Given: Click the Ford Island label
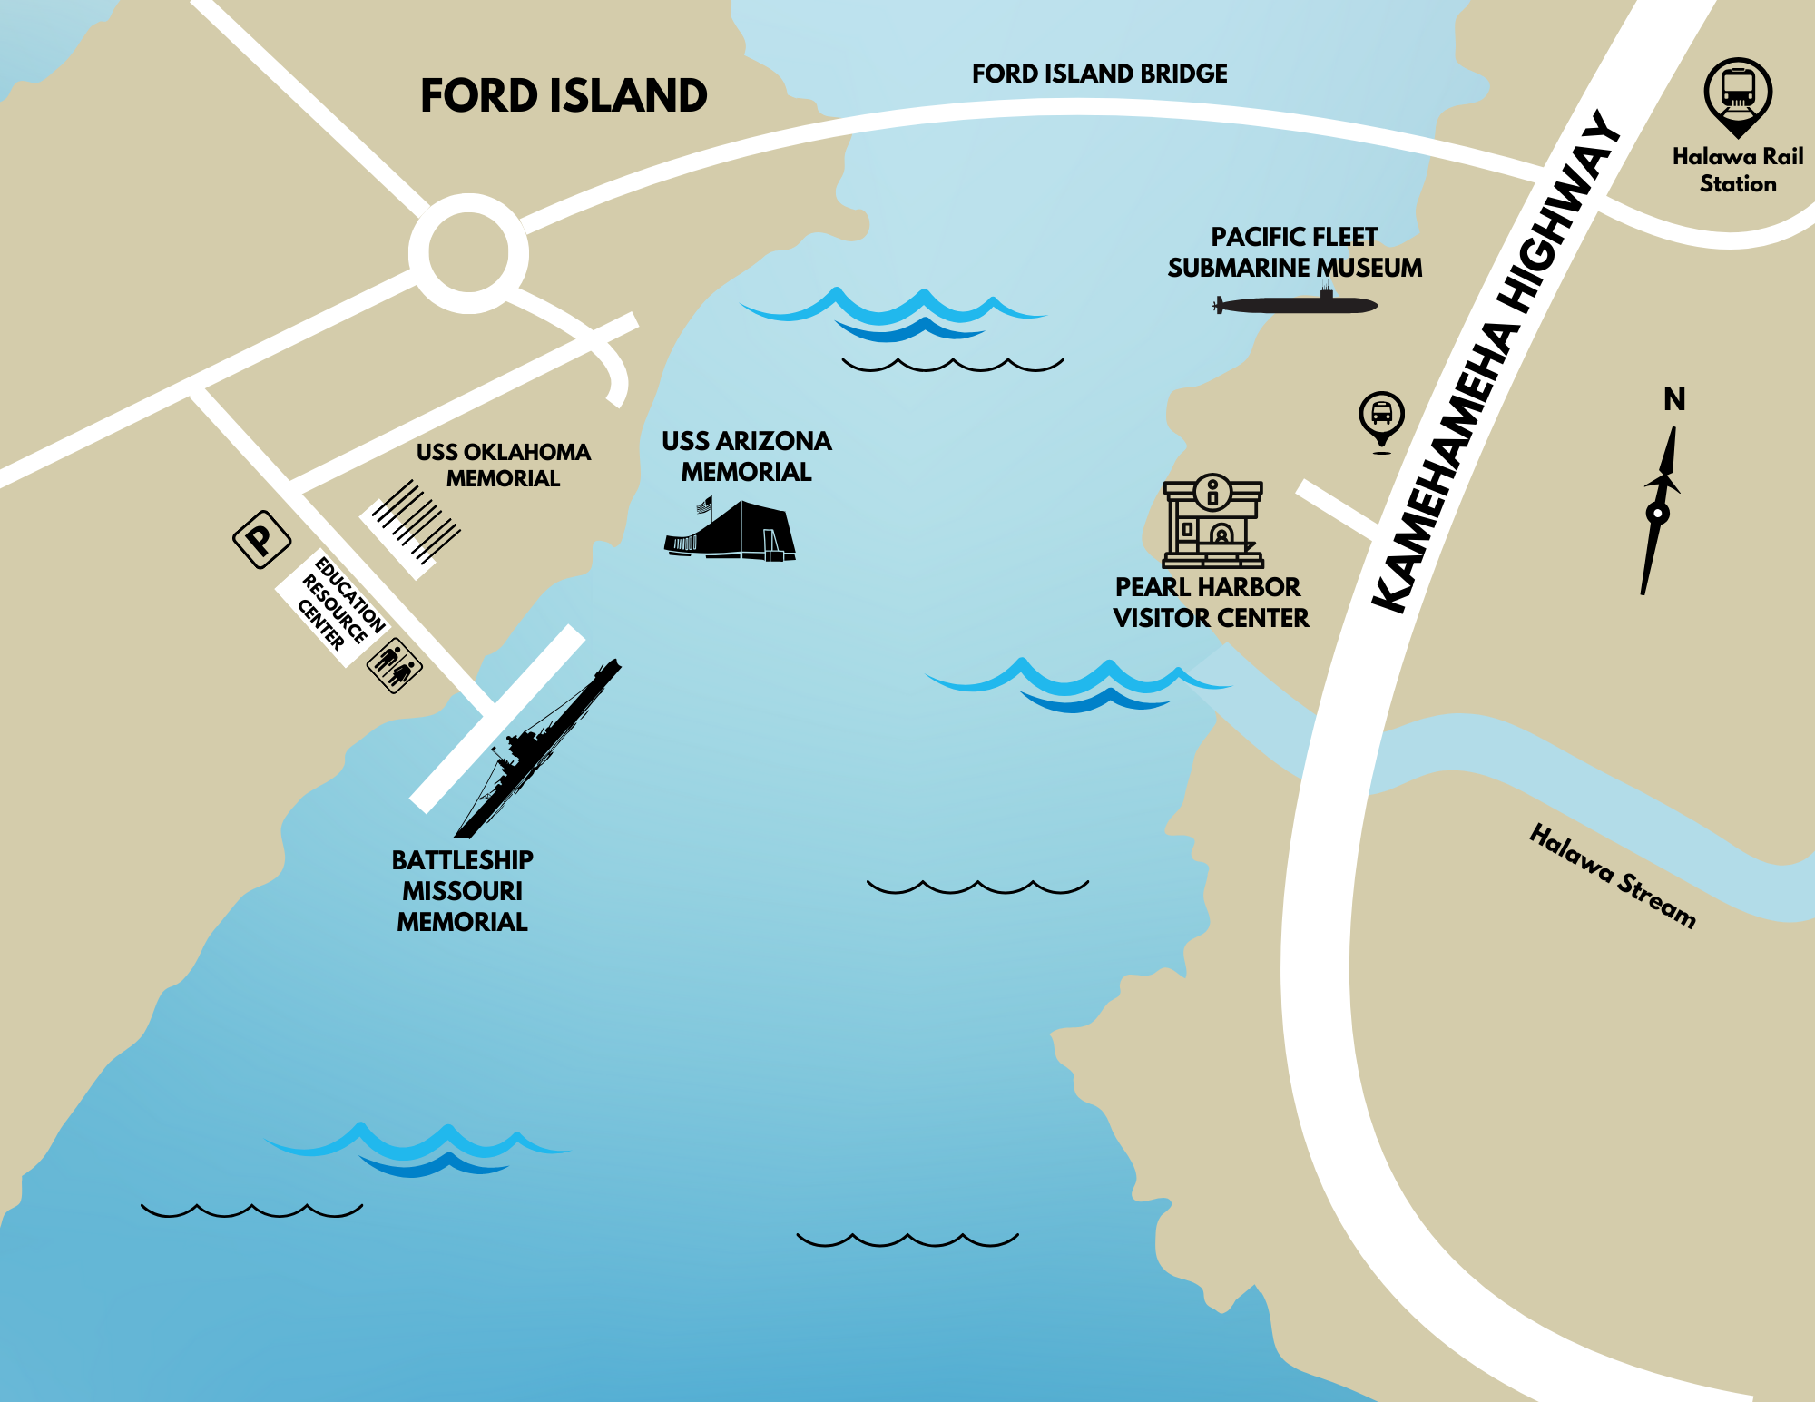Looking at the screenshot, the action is [x=564, y=95].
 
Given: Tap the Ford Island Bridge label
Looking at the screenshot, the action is [x=1099, y=74].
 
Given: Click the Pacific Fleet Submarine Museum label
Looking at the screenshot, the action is [x=1295, y=252].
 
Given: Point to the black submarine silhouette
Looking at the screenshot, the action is [x=1295, y=303].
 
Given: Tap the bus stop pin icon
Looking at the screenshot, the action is [x=1382, y=420].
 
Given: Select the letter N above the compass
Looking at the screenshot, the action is [x=1674, y=399].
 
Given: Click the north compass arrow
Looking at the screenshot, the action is [x=1660, y=510].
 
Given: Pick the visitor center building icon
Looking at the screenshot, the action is [x=1213, y=521].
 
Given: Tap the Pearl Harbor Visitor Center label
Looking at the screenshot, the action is [x=1211, y=603].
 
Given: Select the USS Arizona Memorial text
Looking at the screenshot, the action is [x=747, y=456].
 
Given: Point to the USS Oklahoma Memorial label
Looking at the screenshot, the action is [x=504, y=465].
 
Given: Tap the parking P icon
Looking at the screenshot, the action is [x=261, y=539].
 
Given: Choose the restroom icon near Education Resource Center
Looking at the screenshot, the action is [x=394, y=665].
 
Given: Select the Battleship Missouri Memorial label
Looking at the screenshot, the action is [x=462, y=891].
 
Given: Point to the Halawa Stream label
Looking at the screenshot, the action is [x=1613, y=876].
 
